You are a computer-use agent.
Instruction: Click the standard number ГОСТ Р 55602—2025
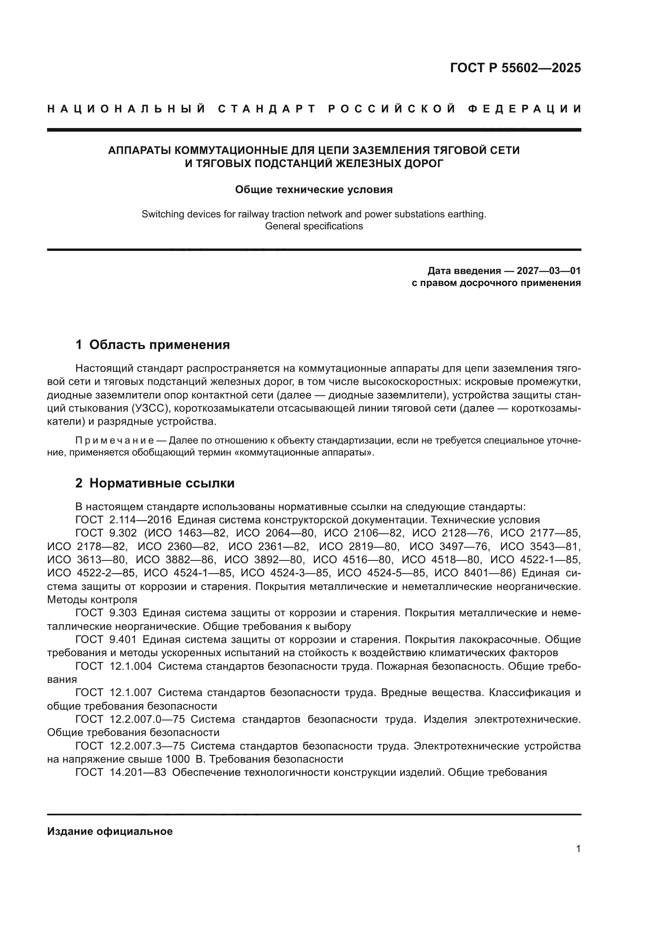click(515, 68)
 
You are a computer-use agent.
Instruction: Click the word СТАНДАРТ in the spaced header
click(267, 109)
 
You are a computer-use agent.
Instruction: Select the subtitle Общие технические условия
click(314, 190)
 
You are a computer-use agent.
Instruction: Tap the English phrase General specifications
click(314, 226)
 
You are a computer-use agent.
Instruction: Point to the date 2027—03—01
click(549, 271)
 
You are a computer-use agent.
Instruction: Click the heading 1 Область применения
click(153, 345)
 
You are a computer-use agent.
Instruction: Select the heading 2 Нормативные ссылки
click(155, 483)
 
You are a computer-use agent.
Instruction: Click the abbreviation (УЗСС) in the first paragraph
click(152, 408)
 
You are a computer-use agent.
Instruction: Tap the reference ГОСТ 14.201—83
click(121, 773)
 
